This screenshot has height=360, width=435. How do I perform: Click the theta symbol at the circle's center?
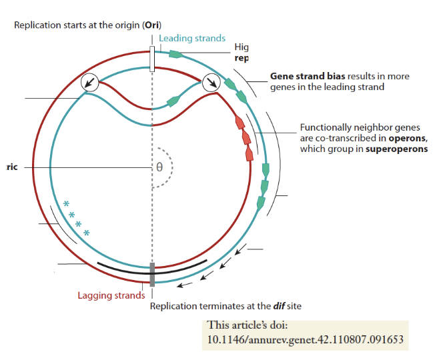159,167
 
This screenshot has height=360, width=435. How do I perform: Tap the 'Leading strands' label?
191,39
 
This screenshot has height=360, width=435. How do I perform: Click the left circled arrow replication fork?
89,83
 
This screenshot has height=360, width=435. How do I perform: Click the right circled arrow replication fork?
211,83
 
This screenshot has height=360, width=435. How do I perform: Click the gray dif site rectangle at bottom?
152,274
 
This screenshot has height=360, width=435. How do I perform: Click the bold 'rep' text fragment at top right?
242,58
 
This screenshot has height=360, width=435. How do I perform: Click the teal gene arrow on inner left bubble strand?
173,101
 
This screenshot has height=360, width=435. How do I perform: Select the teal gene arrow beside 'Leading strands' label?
176,55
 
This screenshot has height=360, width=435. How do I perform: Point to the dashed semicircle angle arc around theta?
171,167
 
